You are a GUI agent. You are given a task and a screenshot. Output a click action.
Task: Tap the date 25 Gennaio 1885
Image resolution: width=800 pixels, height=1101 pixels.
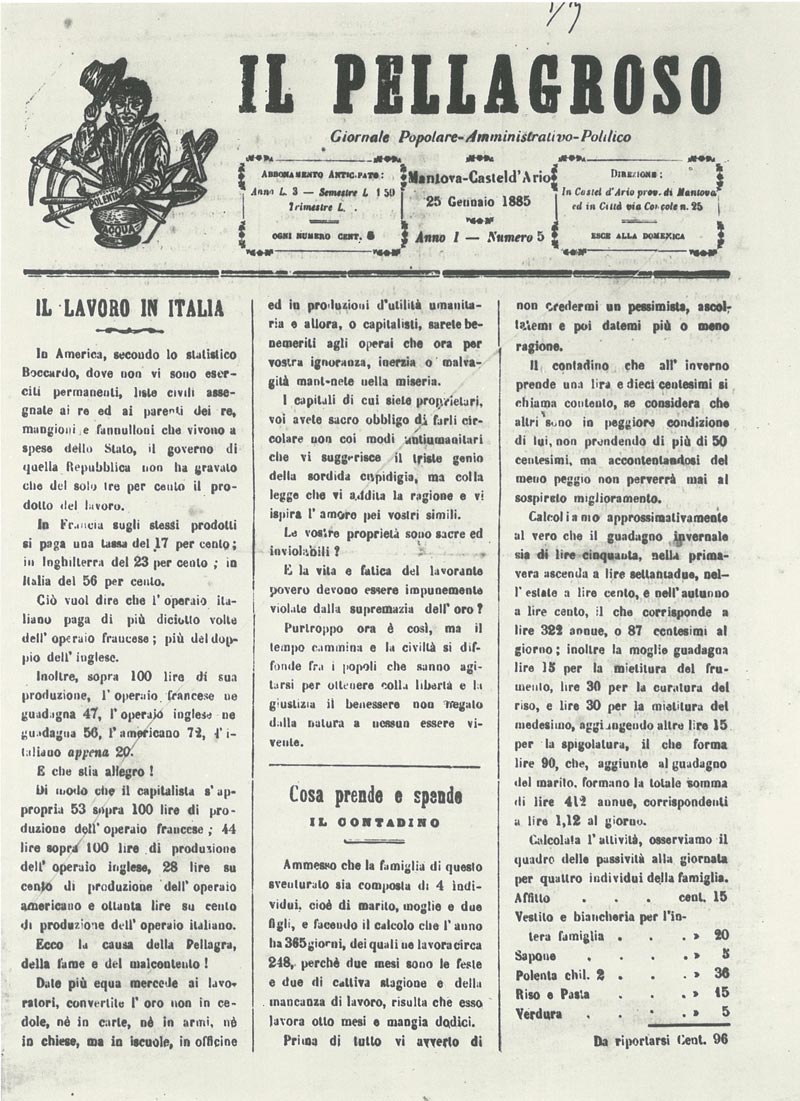coord(479,199)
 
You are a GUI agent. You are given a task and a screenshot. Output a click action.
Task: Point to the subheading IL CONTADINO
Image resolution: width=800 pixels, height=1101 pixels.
coord(376,822)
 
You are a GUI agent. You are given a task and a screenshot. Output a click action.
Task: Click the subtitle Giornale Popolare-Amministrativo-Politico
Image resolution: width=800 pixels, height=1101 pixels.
coord(480,137)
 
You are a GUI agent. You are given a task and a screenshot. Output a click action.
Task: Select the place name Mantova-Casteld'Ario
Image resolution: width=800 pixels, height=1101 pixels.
coord(479,177)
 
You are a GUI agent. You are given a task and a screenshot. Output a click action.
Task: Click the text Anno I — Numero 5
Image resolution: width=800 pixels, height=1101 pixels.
coord(479,238)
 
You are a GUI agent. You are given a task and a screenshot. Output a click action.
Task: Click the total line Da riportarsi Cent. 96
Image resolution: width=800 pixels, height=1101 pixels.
coord(659,1040)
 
